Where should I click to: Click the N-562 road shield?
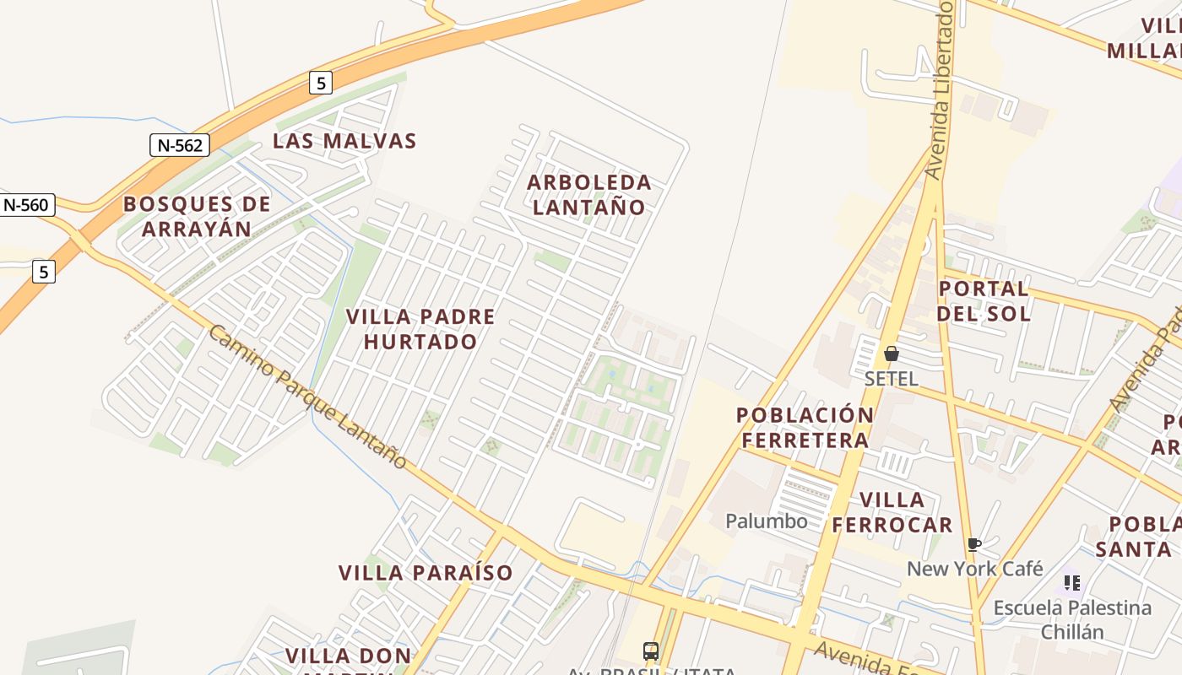click(x=180, y=145)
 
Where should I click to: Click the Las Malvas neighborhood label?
click(x=344, y=141)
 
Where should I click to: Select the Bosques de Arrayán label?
click(x=197, y=216)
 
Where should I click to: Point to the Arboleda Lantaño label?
click(x=589, y=194)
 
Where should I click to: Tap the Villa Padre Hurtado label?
click(x=420, y=329)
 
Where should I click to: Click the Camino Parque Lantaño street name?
click(x=307, y=397)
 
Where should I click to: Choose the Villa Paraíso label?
click(x=426, y=573)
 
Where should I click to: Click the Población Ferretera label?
click(x=805, y=427)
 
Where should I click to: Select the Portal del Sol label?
click(x=984, y=301)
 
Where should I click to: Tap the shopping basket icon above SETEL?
click(x=892, y=354)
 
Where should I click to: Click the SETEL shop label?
click(x=891, y=379)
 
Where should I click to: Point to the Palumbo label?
click(x=767, y=521)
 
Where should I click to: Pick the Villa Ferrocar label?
click(x=892, y=512)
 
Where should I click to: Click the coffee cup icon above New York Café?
click(x=973, y=544)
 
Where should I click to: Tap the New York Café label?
click(x=975, y=569)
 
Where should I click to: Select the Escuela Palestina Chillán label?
click(x=1072, y=619)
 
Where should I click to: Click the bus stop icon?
click(x=651, y=651)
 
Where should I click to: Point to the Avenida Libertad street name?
click(x=940, y=89)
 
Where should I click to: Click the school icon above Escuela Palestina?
click(x=1072, y=582)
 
